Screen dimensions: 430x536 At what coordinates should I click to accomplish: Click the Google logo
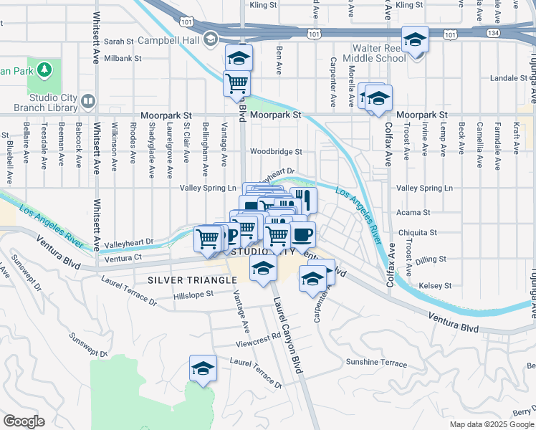(24, 421)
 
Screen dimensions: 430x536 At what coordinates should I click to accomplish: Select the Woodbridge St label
(276, 152)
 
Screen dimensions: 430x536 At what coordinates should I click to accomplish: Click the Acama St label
(414, 213)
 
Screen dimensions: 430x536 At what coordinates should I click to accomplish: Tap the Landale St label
(508, 78)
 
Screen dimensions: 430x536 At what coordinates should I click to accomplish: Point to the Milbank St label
(118, 58)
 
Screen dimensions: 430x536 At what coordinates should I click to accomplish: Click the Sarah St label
(120, 42)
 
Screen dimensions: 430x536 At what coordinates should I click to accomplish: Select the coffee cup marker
(302, 234)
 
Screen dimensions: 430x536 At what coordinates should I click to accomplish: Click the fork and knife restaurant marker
(304, 199)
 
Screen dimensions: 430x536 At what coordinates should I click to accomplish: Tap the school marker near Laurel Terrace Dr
(203, 368)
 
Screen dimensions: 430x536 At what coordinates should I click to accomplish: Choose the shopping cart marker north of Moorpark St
(237, 83)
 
